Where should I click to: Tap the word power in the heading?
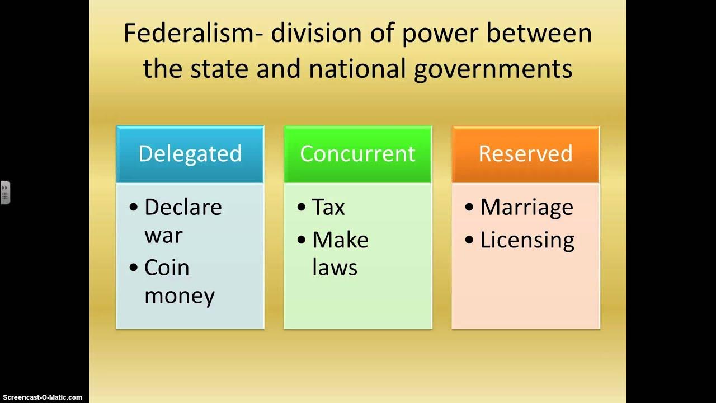438,34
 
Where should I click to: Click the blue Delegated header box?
190,154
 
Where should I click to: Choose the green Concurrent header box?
357,154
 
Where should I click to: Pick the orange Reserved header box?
525,154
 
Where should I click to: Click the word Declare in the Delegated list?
183,207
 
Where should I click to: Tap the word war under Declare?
163,235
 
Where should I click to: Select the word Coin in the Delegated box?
167,268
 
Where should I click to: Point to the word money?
180,296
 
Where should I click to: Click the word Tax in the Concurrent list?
328,207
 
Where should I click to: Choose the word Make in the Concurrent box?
340,240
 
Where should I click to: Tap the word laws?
335,268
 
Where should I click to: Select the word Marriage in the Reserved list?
526,208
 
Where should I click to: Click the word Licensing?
527,241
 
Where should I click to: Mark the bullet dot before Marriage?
469,208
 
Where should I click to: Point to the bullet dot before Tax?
302,208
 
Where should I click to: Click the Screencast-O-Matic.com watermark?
41,397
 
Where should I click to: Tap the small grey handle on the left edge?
4,193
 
